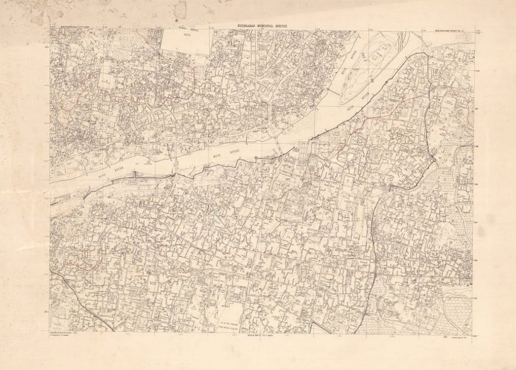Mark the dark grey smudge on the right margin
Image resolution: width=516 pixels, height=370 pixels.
(x=482, y=231)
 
